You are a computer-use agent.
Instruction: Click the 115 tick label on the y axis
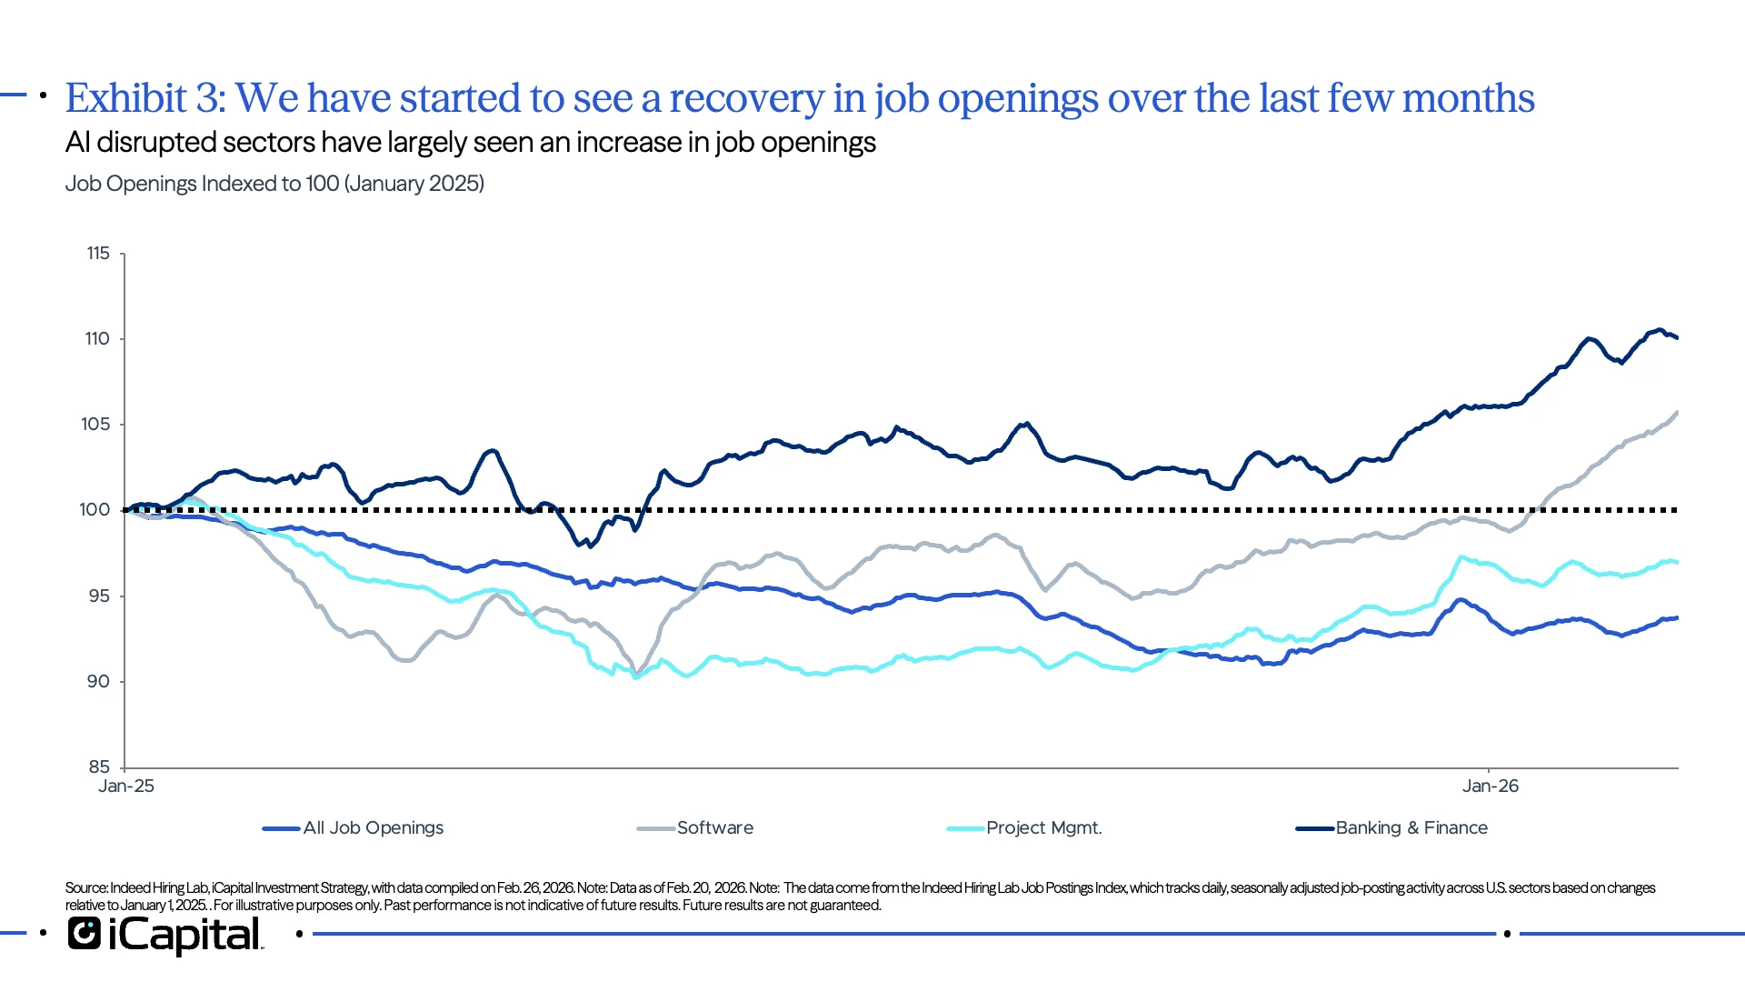coord(98,254)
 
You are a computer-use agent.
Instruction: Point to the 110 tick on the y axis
coord(97,339)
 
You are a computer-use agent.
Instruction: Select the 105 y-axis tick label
coord(95,425)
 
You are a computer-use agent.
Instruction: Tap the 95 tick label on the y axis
coord(98,596)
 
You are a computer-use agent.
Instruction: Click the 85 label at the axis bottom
coord(98,767)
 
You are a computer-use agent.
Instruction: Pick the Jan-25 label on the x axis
coord(126,787)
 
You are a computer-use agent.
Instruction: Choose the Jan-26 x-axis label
coord(1490,787)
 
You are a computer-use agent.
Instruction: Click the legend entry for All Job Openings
coord(373,828)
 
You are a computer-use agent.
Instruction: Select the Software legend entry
coord(714,828)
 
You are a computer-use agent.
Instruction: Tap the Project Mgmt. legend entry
coord(1043,828)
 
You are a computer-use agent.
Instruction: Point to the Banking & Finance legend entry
coord(1411,828)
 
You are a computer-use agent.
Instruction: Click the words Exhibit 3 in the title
coord(145,98)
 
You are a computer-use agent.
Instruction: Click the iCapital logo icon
coord(84,934)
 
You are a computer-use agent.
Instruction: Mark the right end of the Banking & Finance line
coord(1677,337)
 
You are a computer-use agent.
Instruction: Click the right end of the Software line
coord(1677,413)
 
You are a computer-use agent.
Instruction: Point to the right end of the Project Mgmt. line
coord(1677,563)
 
